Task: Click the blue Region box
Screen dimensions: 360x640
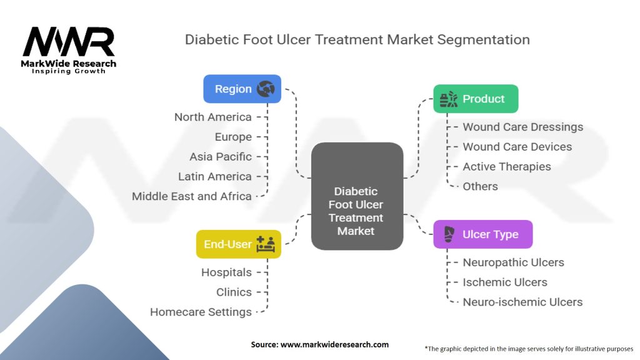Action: pyautogui.click(x=242, y=89)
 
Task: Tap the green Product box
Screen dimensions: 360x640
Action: pyautogui.click(x=476, y=99)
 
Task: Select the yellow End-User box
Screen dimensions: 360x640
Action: pyautogui.click(x=238, y=244)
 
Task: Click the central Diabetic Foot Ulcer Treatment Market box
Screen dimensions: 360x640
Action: pyautogui.click(x=356, y=196)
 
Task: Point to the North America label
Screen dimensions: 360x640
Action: pyautogui.click(x=212, y=117)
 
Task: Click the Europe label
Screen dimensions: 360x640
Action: pyautogui.click(x=232, y=137)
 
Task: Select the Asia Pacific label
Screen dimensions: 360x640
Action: pyautogui.click(x=221, y=156)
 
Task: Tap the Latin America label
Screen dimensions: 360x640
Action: pyautogui.click(x=214, y=176)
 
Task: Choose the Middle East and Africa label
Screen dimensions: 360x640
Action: pyautogui.click(x=191, y=196)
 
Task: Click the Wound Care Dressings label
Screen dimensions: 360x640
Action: pyautogui.click(x=522, y=127)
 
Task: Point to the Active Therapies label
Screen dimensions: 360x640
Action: pyautogui.click(x=506, y=166)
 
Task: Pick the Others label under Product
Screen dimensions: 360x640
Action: pyautogui.click(x=480, y=186)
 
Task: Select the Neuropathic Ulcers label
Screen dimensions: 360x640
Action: pyautogui.click(x=513, y=262)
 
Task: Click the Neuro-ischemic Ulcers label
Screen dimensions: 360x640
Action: pyautogui.click(x=522, y=302)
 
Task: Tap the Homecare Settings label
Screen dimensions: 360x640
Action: pyautogui.click(x=201, y=312)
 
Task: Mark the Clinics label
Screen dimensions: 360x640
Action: pyautogui.click(x=234, y=292)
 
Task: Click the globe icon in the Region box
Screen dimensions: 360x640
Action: pyautogui.click(x=266, y=89)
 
